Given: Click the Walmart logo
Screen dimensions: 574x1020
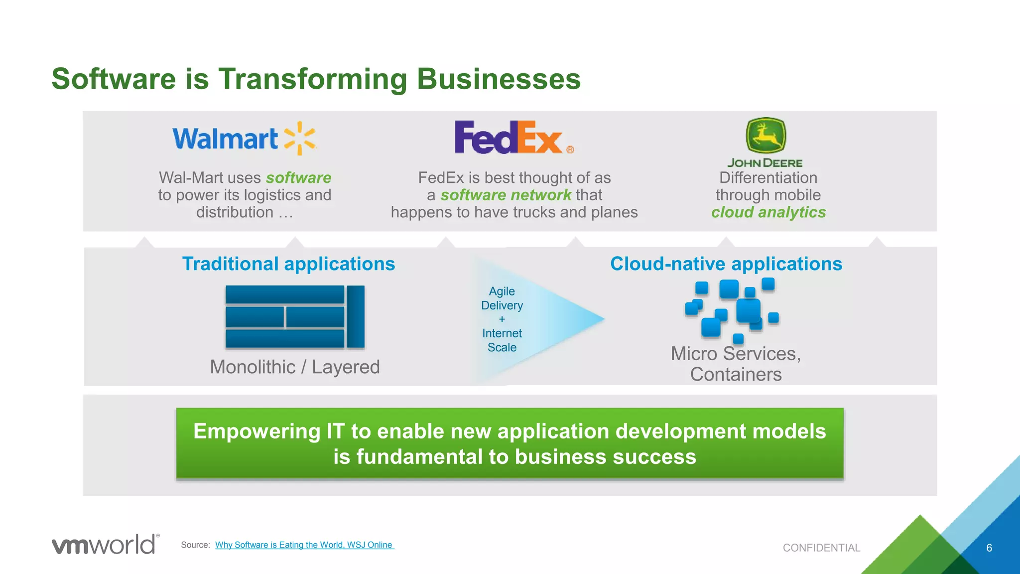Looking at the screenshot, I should click(244, 139).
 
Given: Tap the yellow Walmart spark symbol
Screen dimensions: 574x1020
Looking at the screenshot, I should click(300, 139).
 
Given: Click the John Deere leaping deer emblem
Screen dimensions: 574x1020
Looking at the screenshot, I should click(765, 135).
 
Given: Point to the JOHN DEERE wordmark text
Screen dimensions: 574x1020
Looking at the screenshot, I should click(765, 163).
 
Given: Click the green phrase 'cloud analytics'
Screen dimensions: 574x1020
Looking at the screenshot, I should click(768, 212).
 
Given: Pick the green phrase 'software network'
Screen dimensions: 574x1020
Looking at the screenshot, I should click(506, 195).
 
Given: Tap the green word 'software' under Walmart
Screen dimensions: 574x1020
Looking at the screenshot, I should click(298, 178).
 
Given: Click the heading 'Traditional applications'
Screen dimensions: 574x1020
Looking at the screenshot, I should click(288, 264).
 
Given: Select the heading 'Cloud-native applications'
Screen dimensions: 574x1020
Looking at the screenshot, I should click(726, 264).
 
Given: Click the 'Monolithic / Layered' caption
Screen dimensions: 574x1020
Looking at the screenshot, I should click(295, 367).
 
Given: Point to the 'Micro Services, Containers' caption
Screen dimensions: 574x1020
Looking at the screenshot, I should click(736, 364).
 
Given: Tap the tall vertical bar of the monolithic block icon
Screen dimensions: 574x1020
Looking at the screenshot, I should click(356, 316).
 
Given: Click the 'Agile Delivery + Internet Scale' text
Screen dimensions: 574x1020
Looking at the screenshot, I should click(502, 319).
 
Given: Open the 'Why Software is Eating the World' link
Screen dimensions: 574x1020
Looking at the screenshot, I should click(304, 545).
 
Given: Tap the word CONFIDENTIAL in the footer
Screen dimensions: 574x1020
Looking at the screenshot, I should click(821, 548).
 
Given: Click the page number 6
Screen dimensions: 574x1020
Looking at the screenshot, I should click(989, 548).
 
